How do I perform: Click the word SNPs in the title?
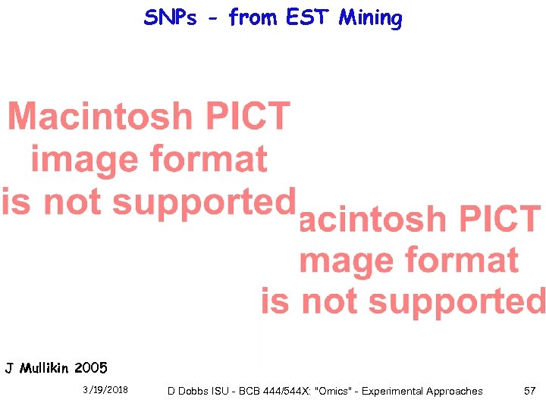[x=170, y=17]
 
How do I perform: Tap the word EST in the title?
[x=309, y=17]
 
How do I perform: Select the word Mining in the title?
[x=370, y=17]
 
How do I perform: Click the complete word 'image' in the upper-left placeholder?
[x=84, y=160]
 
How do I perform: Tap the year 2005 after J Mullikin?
[x=92, y=369]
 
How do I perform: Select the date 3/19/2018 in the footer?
[x=105, y=390]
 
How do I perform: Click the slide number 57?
[x=529, y=391]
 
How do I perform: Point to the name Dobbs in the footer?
[x=193, y=392]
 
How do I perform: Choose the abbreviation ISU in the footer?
[x=221, y=392]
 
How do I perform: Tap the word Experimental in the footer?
[x=394, y=392]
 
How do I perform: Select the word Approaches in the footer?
[x=456, y=392]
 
